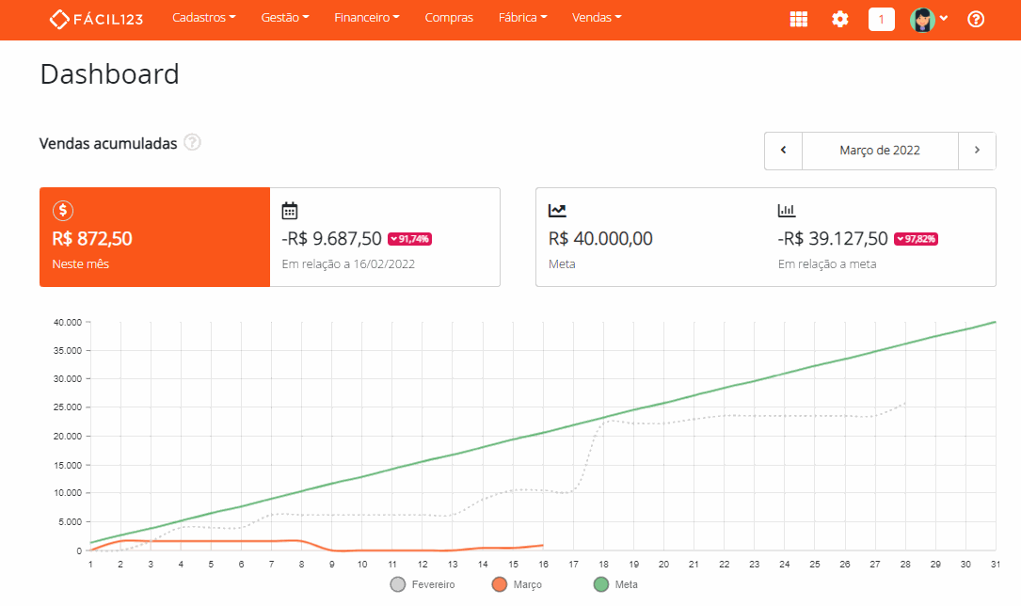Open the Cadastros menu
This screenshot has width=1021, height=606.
[204, 18]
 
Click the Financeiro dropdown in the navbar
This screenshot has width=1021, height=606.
[367, 18]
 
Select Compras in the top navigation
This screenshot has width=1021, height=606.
[449, 18]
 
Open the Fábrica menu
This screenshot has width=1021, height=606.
[522, 18]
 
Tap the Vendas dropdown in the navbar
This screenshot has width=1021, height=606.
[597, 18]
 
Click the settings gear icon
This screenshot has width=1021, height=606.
[840, 19]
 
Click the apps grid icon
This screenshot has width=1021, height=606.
[798, 19]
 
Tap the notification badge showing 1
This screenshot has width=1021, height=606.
[882, 19]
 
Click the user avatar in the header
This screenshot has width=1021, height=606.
[923, 19]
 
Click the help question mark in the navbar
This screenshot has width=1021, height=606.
[976, 19]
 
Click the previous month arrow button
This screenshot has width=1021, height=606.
[783, 151]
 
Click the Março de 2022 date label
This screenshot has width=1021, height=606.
[880, 151]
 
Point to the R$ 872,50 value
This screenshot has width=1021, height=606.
[92, 239]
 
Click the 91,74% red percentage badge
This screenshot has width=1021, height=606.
[409, 239]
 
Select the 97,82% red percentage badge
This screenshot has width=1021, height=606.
[916, 239]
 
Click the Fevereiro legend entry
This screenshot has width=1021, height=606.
[423, 585]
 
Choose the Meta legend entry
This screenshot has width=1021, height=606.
[615, 585]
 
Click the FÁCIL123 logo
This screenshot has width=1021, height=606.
[97, 19]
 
